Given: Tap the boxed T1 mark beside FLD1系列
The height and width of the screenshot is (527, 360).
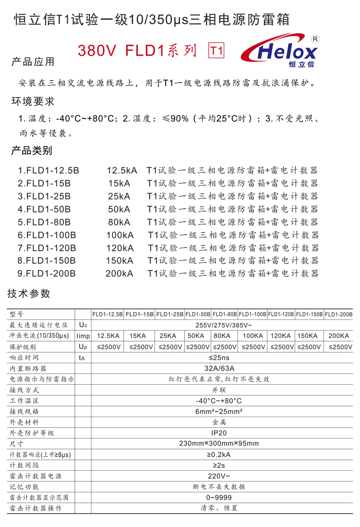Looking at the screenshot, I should (x=216, y=50).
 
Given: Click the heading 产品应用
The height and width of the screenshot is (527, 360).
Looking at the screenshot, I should (x=33, y=62).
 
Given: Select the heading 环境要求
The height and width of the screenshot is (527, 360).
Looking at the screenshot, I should (x=33, y=101).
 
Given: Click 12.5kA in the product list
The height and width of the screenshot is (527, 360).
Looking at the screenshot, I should (x=121, y=171).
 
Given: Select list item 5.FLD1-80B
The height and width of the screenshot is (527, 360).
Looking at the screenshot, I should (x=44, y=222).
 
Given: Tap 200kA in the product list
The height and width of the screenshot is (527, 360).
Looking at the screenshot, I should (x=120, y=273).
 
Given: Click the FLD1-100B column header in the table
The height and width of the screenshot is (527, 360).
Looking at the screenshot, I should (x=252, y=314).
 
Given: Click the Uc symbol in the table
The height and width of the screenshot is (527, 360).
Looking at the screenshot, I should (x=83, y=325).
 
